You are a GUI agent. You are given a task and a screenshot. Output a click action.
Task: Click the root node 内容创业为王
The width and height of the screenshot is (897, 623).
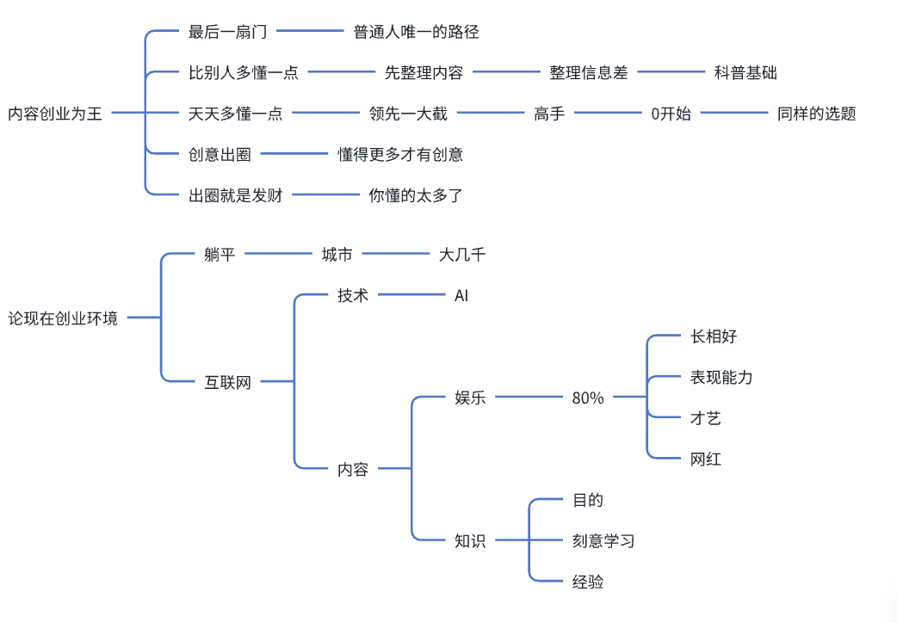point(55,114)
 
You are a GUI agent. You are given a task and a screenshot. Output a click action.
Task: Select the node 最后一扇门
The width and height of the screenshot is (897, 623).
point(227,32)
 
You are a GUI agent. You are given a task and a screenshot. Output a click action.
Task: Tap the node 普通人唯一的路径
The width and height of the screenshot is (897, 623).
point(416,32)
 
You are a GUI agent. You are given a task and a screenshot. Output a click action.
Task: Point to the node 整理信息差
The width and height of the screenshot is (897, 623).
point(589,73)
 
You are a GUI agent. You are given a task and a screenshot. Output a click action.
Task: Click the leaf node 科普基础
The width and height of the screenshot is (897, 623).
point(745,73)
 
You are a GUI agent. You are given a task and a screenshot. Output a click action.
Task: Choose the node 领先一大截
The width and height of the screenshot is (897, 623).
point(408,114)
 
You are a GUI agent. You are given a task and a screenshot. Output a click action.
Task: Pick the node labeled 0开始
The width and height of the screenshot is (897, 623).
point(671,114)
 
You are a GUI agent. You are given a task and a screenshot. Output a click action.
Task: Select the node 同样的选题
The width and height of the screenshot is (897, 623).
point(816,114)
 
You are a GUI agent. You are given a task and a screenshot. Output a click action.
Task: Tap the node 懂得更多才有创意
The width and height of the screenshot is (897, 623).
point(400,155)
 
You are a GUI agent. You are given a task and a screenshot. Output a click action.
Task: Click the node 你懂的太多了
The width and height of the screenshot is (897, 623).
point(416,195)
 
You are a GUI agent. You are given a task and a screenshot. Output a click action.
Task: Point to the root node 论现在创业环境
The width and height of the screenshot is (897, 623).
point(63,318)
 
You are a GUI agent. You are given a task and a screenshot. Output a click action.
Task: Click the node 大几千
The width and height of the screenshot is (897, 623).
point(462,254)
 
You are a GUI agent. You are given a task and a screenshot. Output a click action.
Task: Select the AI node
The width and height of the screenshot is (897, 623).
point(461,295)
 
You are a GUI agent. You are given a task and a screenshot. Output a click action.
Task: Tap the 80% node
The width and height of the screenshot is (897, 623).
point(588,398)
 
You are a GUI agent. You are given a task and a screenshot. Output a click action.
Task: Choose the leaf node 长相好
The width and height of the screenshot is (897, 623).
point(714,336)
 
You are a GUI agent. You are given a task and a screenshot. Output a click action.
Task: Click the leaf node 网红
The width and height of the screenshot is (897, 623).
point(706,459)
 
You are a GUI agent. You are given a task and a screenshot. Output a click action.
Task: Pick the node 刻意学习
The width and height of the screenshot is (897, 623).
point(603,540)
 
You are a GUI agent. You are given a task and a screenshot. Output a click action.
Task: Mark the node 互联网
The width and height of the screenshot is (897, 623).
point(227,382)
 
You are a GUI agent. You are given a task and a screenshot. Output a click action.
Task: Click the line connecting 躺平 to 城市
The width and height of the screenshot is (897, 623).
point(278,254)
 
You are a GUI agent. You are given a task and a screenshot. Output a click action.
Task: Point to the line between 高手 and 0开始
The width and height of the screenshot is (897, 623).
point(608,114)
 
